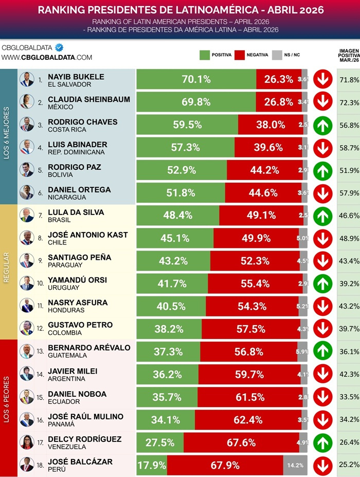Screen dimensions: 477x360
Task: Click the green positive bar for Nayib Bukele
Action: point(196,79)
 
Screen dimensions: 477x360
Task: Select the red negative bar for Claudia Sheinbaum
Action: point(278,102)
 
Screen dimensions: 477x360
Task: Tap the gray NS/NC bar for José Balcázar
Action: point(295,465)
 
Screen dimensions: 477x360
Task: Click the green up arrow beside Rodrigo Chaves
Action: point(323,125)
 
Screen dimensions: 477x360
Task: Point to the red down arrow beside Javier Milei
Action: point(323,374)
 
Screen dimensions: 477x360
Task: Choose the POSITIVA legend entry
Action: point(215,55)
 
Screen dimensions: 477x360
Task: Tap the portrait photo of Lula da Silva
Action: point(26,215)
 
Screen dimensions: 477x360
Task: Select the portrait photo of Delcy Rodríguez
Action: point(26,442)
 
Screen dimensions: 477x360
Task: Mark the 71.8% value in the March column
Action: point(349,80)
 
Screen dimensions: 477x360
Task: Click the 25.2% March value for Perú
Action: point(349,465)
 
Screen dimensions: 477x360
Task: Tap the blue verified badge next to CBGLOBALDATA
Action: point(59,47)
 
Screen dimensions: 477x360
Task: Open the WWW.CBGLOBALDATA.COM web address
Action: point(47,58)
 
